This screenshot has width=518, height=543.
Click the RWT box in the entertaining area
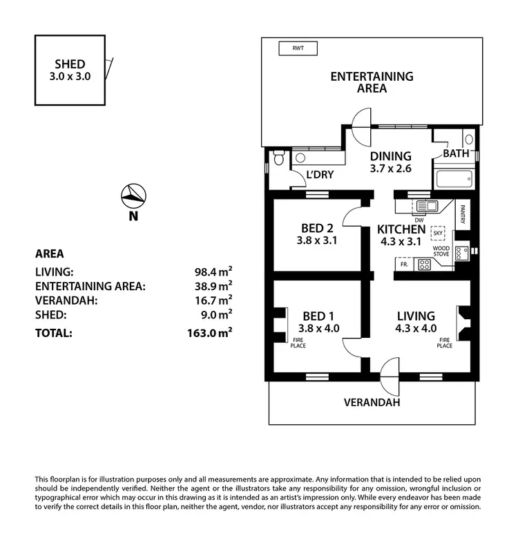(x=298, y=48)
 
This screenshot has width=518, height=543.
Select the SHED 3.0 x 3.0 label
(x=70, y=70)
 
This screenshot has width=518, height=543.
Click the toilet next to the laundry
(x=278, y=160)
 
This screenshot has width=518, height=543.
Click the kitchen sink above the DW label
(x=427, y=206)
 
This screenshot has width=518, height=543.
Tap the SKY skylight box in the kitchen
(x=438, y=233)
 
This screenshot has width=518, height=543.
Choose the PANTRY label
(x=463, y=213)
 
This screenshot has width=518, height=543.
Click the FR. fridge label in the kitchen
(x=402, y=263)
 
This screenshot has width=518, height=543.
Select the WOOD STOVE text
(x=441, y=251)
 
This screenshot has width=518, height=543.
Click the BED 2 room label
(x=318, y=229)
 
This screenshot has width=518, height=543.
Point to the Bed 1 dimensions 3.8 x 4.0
(x=318, y=328)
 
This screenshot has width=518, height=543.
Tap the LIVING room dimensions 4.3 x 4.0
(x=416, y=328)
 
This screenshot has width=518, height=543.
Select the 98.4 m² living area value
(x=213, y=272)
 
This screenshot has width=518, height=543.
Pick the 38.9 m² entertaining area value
(x=213, y=285)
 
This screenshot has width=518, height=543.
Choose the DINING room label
(x=390, y=156)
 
